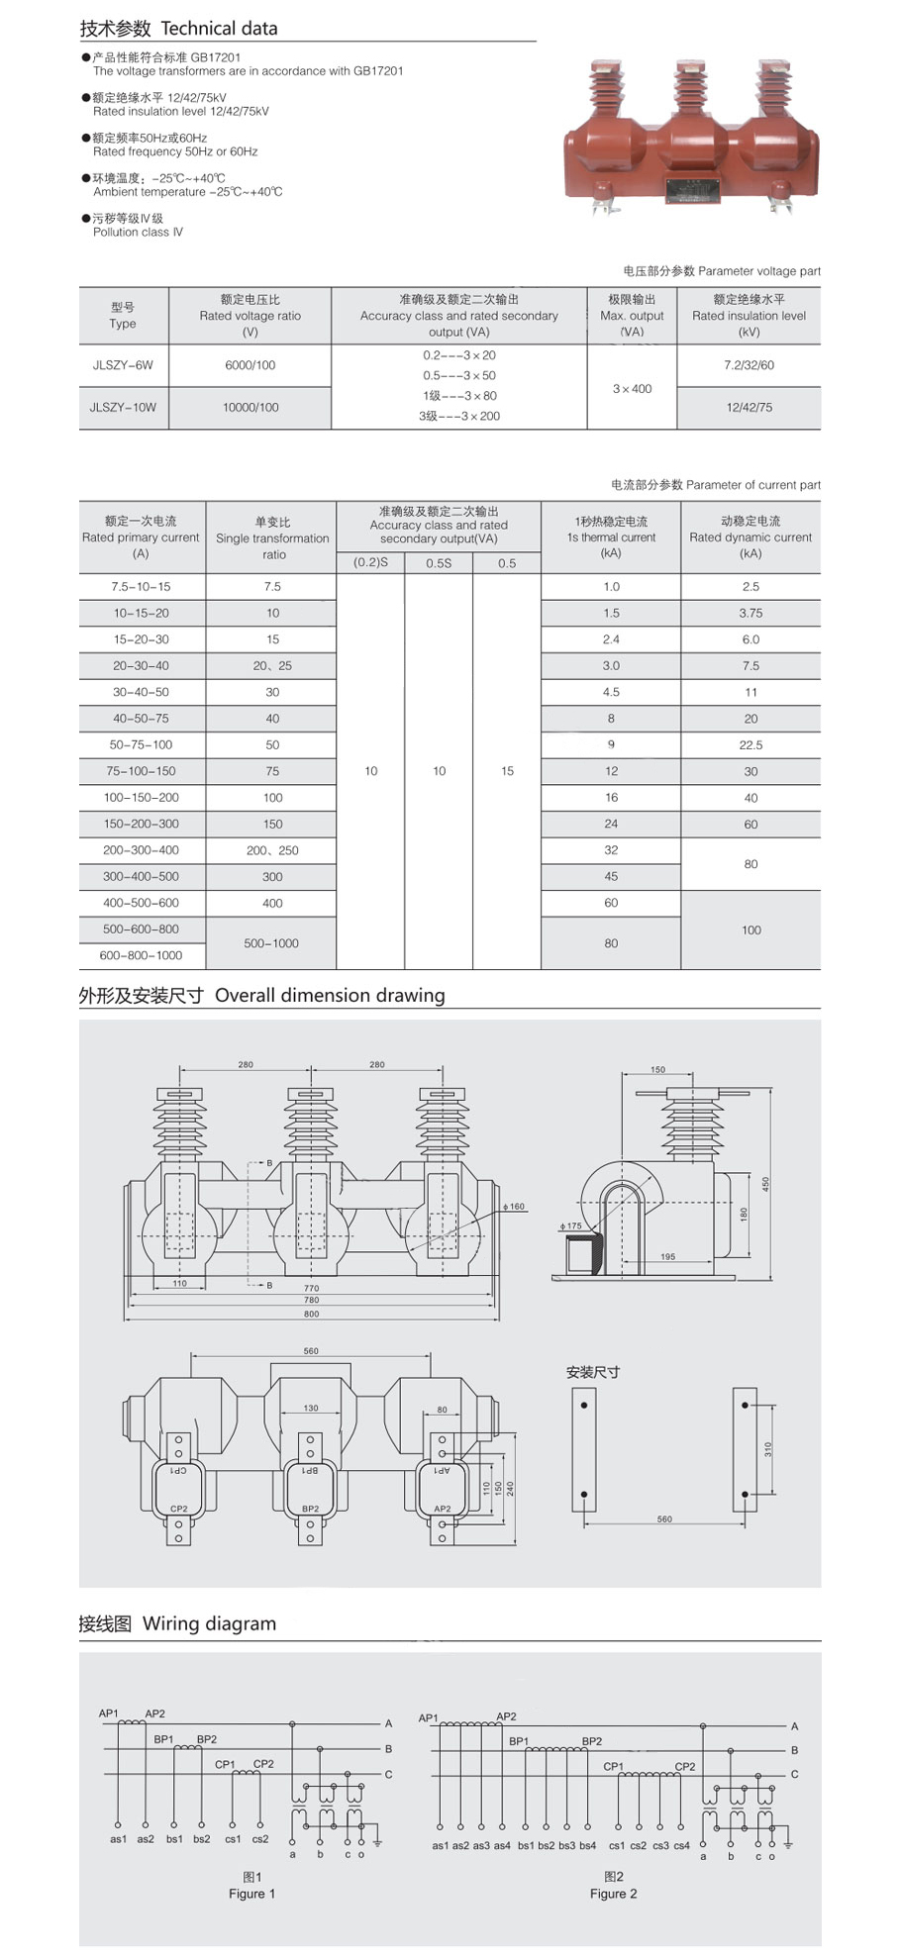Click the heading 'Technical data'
coord(219,29)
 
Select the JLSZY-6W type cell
coord(123,365)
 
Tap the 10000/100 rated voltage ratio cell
coord(250,407)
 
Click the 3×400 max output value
coord(632,389)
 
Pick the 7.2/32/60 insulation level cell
coord(749,365)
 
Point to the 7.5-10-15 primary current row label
coord(141,587)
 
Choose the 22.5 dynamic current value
coord(751,745)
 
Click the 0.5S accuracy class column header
coord(439,563)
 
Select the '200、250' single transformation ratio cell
coord(272,850)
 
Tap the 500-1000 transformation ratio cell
coord(271,943)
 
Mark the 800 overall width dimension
coord(312,1314)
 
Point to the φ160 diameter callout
coord(515,1207)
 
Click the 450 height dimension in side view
coord(765,1184)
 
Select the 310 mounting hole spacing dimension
coord(768,1448)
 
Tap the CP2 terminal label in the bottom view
coord(179,1509)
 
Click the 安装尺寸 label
coord(593,1372)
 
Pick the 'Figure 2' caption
coord(613,1894)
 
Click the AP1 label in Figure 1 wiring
coord(108,1713)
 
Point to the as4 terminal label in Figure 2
coord(502,1845)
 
